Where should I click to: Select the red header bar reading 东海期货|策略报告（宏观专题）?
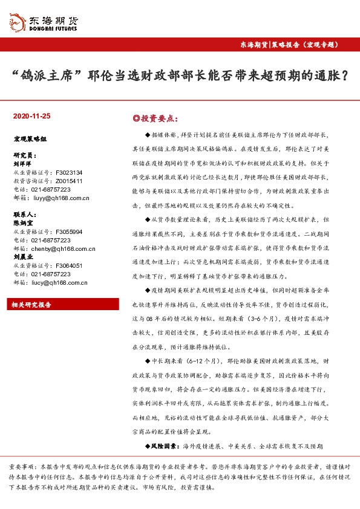click(x=290, y=45)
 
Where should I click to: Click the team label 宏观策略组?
click(x=30, y=138)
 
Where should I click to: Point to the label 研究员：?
click(x=25, y=155)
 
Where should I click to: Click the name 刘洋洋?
click(x=23, y=163)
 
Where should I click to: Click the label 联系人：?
click(x=25, y=215)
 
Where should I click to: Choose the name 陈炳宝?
click(x=23, y=223)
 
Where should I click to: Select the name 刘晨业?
click(x=23, y=257)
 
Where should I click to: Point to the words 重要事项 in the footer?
click(x=21, y=468)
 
